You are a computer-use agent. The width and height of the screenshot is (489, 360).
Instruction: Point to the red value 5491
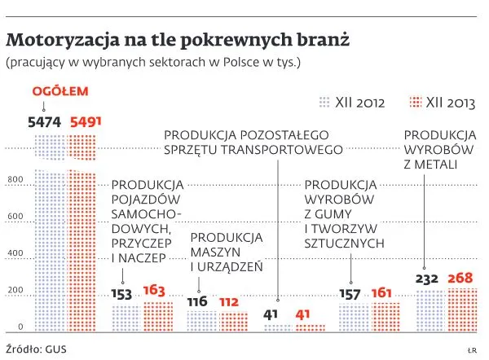pos(86,121)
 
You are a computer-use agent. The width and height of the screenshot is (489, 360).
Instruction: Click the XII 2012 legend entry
pos(351,103)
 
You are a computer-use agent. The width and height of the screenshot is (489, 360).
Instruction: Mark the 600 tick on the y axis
pos(15,217)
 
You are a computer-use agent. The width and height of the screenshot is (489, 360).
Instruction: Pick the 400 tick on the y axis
pos(15,253)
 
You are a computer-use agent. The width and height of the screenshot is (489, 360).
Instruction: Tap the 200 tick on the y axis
pos(15,291)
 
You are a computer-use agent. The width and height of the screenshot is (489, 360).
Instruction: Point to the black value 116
pos(198,301)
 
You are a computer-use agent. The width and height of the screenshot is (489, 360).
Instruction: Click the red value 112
pos(229,301)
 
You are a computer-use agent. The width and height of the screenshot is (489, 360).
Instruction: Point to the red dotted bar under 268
pos(460,310)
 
